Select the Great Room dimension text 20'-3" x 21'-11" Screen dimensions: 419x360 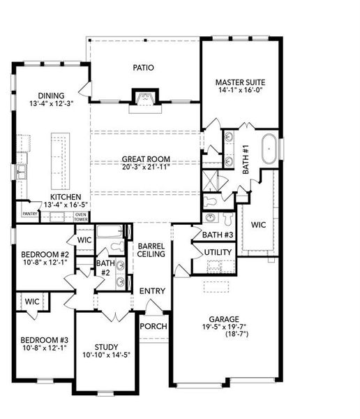(x=146, y=167)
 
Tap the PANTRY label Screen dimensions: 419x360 (x=29, y=214)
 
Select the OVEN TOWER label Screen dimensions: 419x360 (x=81, y=216)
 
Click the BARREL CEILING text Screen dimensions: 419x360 (x=151, y=250)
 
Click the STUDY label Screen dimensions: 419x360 (x=107, y=346)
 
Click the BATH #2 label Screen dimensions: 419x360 (x=105, y=267)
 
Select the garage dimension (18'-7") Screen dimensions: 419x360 (x=225, y=335)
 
